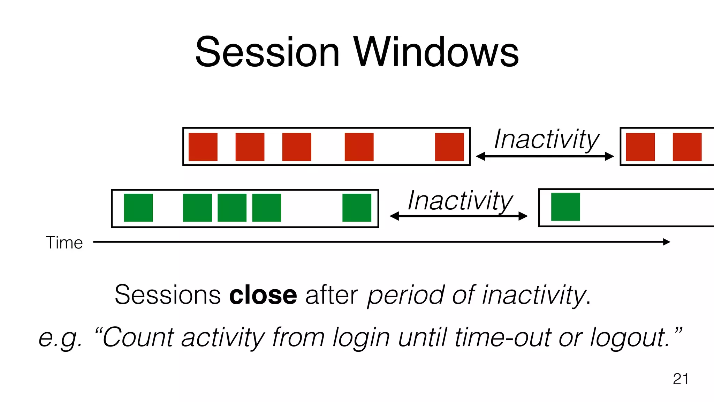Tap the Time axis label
tap(64, 243)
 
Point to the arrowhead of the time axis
tap(666, 242)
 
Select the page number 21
tap(681, 379)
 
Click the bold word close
tap(263, 295)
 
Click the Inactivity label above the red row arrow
tap(546, 139)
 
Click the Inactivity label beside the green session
tap(460, 201)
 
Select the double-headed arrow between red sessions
tap(545, 156)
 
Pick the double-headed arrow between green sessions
tap(458, 216)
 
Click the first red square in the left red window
tap(203, 147)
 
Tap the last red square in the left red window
tap(449, 147)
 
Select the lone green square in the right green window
tap(565, 207)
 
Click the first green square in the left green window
tap(138, 208)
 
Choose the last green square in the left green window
tap(357, 208)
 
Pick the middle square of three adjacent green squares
tap(232, 208)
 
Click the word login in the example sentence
tap(361, 337)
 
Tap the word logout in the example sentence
tap(629, 337)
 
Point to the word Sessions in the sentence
tap(168, 295)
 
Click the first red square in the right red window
tap(640, 147)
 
